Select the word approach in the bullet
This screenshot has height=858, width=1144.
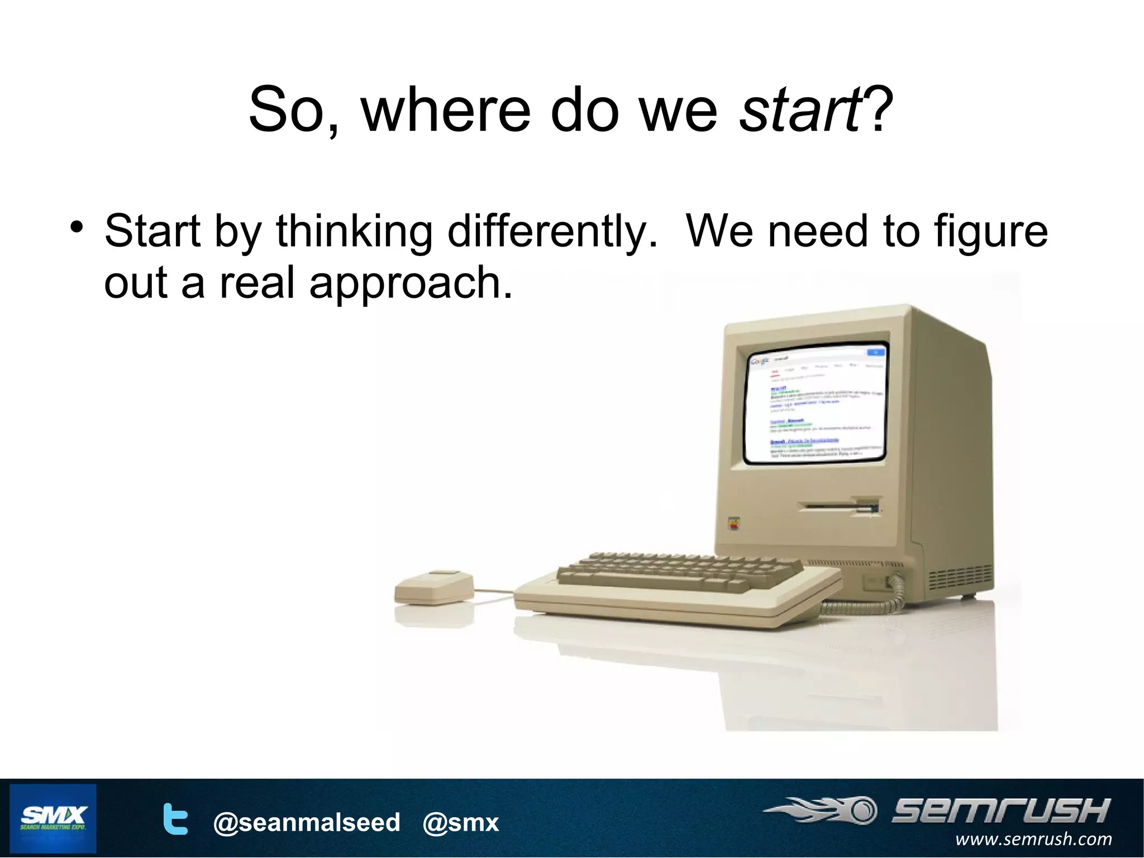[411, 283]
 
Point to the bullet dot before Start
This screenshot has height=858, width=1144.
[77, 229]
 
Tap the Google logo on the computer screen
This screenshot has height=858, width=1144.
[759, 361]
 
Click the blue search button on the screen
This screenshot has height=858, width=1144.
[875, 352]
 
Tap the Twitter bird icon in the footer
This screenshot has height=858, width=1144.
[175, 819]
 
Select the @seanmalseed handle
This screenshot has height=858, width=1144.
[307, 822]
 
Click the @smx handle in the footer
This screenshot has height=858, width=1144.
[460, 822]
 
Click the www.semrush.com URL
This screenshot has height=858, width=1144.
[1033, 839]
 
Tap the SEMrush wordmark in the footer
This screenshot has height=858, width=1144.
[1000, 810]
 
